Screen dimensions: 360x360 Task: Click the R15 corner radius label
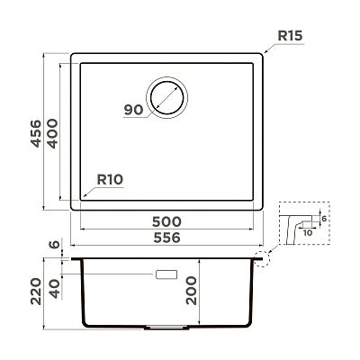290,36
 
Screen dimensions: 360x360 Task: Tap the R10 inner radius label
110,180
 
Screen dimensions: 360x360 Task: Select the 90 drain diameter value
134,110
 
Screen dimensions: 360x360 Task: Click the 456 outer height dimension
36,133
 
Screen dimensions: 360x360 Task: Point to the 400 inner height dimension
53,133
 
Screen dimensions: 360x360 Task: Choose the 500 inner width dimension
166,222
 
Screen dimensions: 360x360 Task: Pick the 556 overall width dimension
167,238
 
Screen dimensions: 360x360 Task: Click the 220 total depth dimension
36,292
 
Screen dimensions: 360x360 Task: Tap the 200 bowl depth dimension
191,291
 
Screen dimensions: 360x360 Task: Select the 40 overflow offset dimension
55,289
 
